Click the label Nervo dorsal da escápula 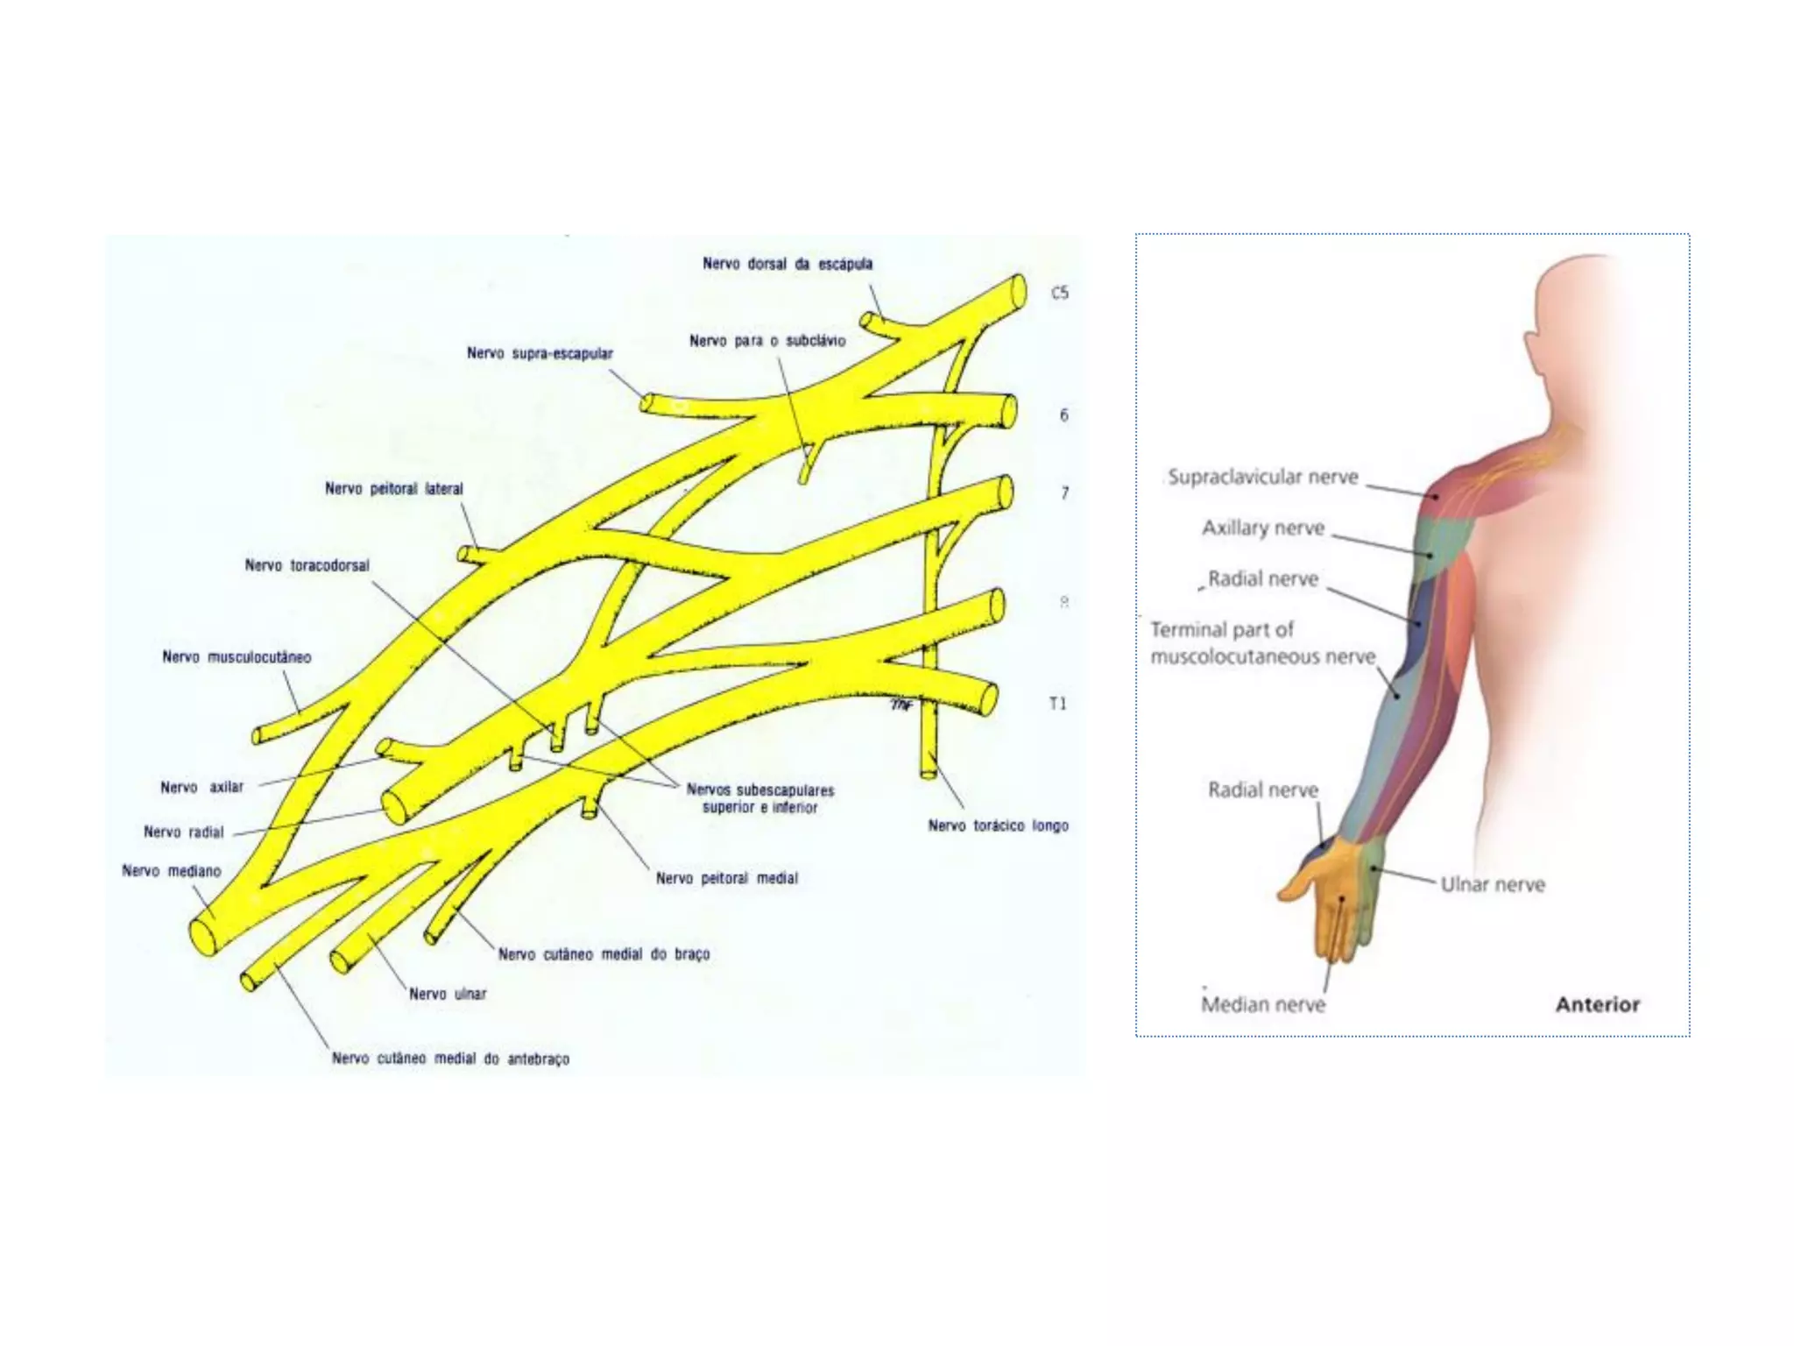788,264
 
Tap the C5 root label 1060,293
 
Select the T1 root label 1058,704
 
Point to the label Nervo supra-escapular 540,353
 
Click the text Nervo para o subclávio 767,341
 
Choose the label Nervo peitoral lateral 394,489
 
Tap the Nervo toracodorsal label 307,566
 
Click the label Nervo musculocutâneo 237,657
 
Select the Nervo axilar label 202,787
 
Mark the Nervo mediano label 172,871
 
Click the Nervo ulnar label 448,994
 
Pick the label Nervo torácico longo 999,825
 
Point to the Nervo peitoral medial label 727,878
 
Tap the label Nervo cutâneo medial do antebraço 450,1059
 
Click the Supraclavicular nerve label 1263,477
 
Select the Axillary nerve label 1263,528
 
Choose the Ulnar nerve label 1493,884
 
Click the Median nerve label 1263,1004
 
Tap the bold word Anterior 1598,1004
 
